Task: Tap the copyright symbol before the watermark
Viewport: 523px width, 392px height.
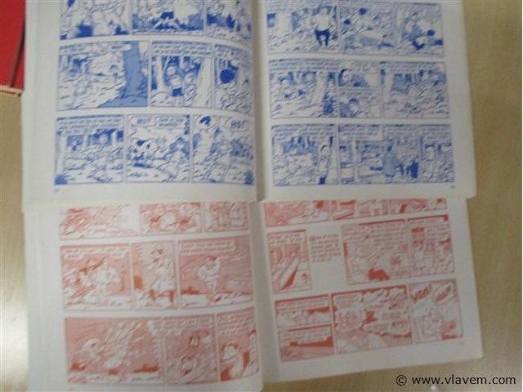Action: [x=400, y=381]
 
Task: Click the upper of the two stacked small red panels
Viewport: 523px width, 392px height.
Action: [x=302, y=310]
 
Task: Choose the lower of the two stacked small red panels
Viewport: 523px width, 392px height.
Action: [x=304, y=341]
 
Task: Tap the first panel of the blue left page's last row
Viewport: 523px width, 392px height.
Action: [x=88, y=149]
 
